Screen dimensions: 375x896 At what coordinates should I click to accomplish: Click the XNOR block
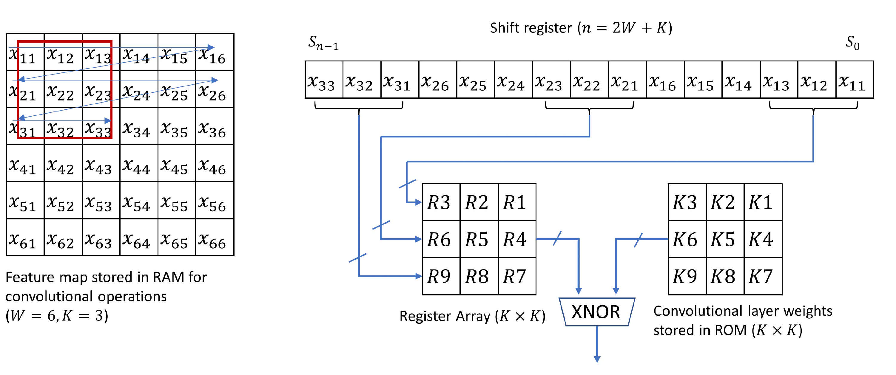pyautogui.click(x=596, y=312)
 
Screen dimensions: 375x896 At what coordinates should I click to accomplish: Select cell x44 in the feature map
pyautogui.click(x=138, y=164)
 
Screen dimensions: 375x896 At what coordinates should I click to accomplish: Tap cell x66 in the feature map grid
pyautogui.click(x=215, y=238)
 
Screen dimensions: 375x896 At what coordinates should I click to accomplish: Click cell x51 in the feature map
pyautogui.click(x=25, y=201)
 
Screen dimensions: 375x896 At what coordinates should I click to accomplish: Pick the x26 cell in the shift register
pyautogui.click(x=438, y=80)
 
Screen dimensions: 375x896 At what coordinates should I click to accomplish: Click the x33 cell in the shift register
pyautogui.click(x=323, y=80)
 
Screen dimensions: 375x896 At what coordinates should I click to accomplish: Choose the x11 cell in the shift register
pyautogui.click(x=854, y=80)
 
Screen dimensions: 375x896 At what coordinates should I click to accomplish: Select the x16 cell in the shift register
pyautogui.click(x=665, y=80)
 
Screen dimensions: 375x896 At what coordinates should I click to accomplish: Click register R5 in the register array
pyautogui.click(x=479, y=239)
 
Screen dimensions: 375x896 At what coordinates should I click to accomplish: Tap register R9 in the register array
pyautogui.click(x=441, y=276)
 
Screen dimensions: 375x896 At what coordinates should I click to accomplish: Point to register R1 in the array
pyautogui.click(x=516, y=202)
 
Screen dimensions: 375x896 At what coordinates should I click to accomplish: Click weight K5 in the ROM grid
pyautogui.click(x=725, y=239)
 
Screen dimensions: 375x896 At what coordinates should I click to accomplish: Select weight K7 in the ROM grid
pyautogui.click(x=763, y=276)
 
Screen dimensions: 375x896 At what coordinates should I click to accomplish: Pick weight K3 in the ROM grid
pyautogui.click(x=687, y=202)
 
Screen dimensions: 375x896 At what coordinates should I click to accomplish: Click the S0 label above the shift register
pyautogui.click(x=852, y=42)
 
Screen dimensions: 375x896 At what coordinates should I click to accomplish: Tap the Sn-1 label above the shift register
pyautogui.click(x=323, y=43)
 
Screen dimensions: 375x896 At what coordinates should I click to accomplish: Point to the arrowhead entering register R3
pyautogui.click(x=418, y=202)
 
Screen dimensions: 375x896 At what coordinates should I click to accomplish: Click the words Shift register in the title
pyautogui.click(x=530, y=28)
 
